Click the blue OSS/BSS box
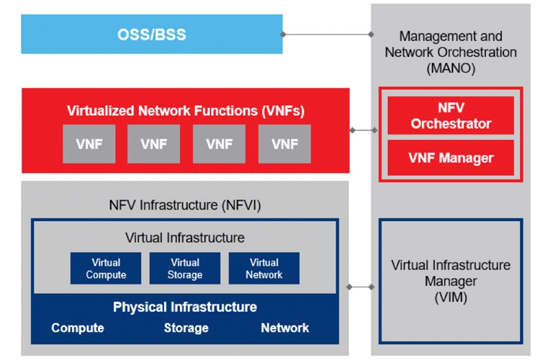pyautogui.click(x=151, y=34)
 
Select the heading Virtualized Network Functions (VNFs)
pyautogui.click(x=186, y=111)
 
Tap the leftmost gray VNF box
pyautogui.click(x=89, y=144)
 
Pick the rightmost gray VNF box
pyautogui.click(x=284, y=144)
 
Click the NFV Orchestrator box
pyautogui.click(x=451, y=116)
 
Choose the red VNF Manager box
pyautogui.click(x=451, y=157)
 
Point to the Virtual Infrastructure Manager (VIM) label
pyautogui.click(x=451, y=281)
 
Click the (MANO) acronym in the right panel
pyautogui.click(x=451, y=68)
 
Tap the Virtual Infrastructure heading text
pyautogui.click(x=185, y=238)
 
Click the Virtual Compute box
pyautogui.click(x=106, y=269)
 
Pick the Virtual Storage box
pyautogui.click(x=185, y=269)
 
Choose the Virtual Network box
pyautogui.click(x=264, y=269)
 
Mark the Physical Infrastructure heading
pyautogui.click(x=185, y=307)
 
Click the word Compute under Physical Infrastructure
pyautogui.click(x=78, y=328)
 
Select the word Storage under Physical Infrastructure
pyautogui.click(x=186, y=328)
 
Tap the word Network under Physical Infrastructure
pyautogui.click(x=285, y=328)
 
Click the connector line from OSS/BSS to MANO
pyautogui.click(x=328, y=34)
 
